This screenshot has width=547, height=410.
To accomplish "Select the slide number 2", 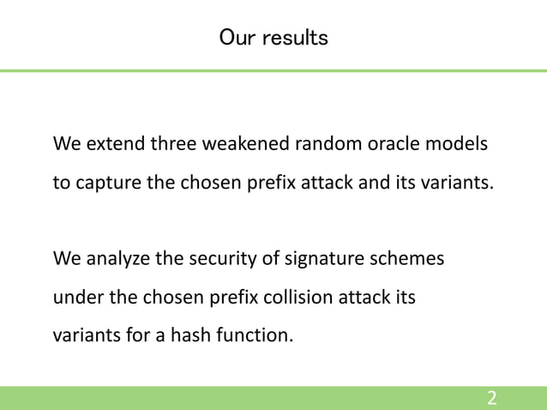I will coord(492,398).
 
